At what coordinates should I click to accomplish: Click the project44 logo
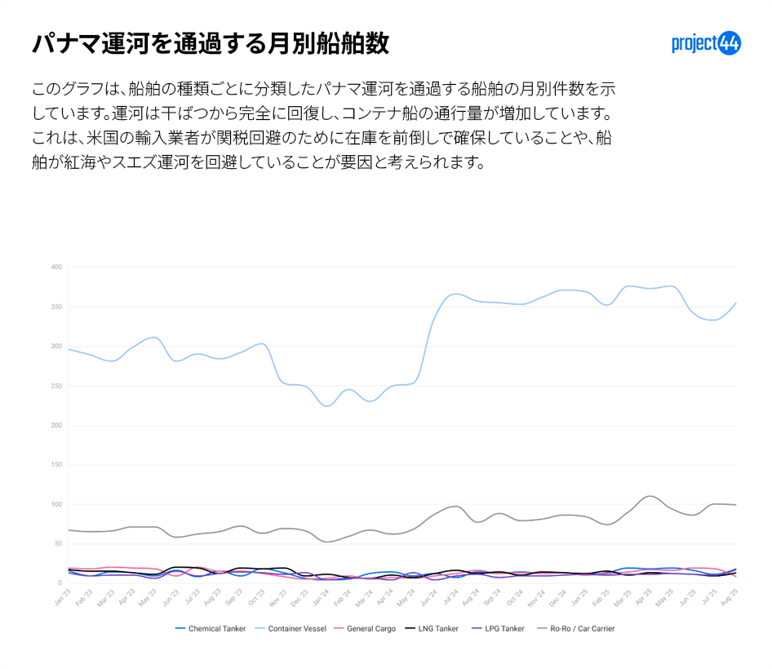706,43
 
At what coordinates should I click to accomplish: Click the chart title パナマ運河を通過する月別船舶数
211,44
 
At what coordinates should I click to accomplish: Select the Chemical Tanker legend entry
211,628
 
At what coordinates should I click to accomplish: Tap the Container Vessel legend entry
291,628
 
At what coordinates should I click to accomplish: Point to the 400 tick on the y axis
56,267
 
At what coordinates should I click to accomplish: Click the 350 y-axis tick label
56,307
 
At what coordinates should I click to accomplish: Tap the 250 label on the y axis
56,386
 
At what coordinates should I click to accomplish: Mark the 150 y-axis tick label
56,465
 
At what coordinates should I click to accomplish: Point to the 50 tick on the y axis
58,543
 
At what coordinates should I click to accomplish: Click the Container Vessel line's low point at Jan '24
327,405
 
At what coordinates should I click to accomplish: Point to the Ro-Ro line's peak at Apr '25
650,495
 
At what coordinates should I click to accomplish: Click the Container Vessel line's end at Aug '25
736,303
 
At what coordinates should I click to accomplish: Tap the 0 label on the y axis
60,583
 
